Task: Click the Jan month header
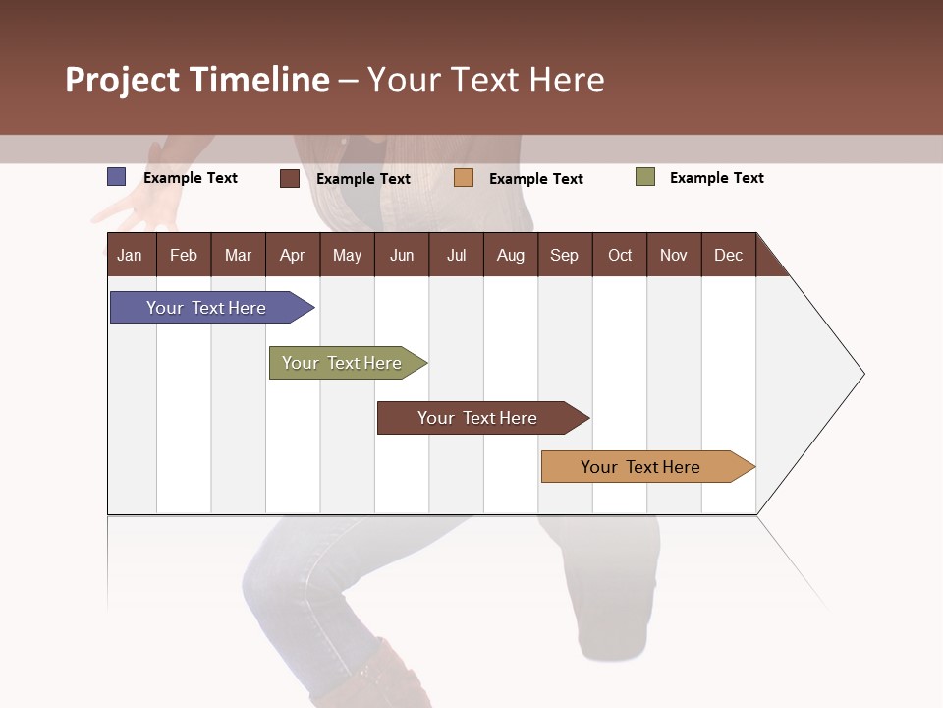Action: click(x=130, y=255)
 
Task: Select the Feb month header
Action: click(x=184, y=255)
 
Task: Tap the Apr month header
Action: click(x=292, y=255)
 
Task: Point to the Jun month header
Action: click(x=402, y=255)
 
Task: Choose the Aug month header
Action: click(x=510, y=255)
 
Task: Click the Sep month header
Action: click(x=564, y=255)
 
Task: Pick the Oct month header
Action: click(x=620, y=255)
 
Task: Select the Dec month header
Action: click(x=728, y=255)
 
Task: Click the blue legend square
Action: click(x=117, y=177)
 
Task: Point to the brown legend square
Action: click(x=290, y=178)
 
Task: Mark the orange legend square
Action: click(x=464, y=178)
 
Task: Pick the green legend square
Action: click(x=645, y=177)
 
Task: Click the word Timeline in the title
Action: click(x=259, y=80)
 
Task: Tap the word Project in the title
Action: click(x=123, y=80)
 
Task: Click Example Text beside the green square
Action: click(x=716, y=178)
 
